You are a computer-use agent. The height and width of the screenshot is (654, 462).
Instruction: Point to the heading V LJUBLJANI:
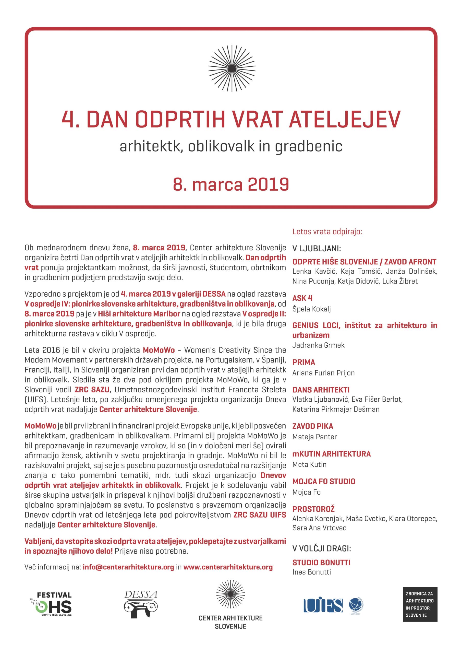pyautogui.click(x=317, y=248)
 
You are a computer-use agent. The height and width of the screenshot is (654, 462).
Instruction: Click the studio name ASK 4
pyautogui.click(x=302, y=298)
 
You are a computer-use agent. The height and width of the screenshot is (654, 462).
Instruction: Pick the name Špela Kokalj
pyautogui.click(x=311, y=309)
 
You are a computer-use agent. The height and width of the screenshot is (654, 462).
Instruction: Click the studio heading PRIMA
pyautogui.click(x=304, y=362)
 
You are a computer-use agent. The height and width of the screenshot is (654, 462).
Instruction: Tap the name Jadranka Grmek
pyautogui.click(x=318, y=345)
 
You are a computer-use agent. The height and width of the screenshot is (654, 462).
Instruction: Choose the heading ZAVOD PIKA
pyautogui.click(x=313, y=426)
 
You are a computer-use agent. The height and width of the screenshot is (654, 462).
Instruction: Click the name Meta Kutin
pyautogui.click(x=309, y=465)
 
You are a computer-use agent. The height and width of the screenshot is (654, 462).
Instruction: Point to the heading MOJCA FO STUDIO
pyautogui.click(x=324, y=482)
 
